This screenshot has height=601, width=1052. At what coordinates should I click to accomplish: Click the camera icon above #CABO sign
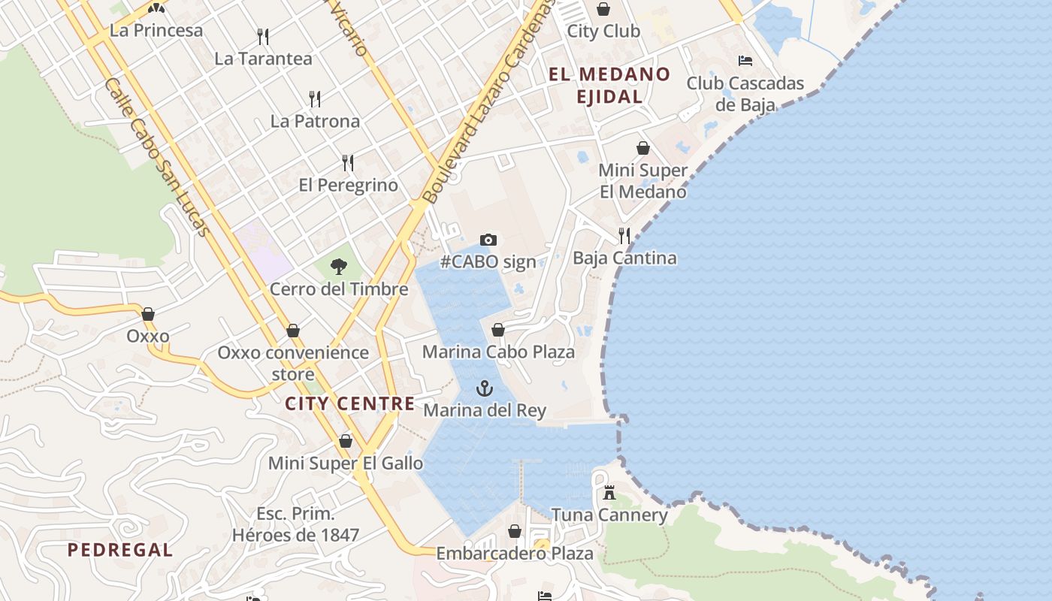point(488,240)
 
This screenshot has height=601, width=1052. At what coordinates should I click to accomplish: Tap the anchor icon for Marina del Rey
point(485,388)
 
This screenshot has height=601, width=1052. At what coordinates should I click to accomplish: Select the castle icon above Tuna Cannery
point(609,494)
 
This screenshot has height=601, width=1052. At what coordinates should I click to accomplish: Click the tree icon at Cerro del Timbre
point(339,266)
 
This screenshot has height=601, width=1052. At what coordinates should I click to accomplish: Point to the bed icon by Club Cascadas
point(745,60)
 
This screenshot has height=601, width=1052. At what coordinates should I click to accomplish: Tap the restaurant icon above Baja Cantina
point(624,236)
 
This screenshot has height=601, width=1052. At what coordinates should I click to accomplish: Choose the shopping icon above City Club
point(603,9)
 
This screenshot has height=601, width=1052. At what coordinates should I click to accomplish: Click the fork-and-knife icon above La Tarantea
point(263,36)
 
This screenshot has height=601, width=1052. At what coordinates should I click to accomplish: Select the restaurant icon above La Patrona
point(315,98)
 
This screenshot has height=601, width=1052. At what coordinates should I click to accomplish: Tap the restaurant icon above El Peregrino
point(348,162)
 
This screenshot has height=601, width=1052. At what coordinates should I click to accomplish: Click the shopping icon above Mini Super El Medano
point(643,148)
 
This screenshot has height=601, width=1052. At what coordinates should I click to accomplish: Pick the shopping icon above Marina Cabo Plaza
point(497,330)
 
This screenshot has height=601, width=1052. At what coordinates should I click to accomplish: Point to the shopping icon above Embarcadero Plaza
point(515,531)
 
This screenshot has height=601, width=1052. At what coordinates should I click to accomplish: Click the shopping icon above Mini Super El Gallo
point(346,441)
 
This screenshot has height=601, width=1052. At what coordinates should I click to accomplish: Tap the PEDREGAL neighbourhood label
point(120,550)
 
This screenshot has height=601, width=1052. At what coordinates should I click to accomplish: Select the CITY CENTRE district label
point(349,403)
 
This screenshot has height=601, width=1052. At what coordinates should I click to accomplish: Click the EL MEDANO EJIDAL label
point(609,85)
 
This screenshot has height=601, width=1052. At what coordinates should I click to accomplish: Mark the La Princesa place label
point(156,31)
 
